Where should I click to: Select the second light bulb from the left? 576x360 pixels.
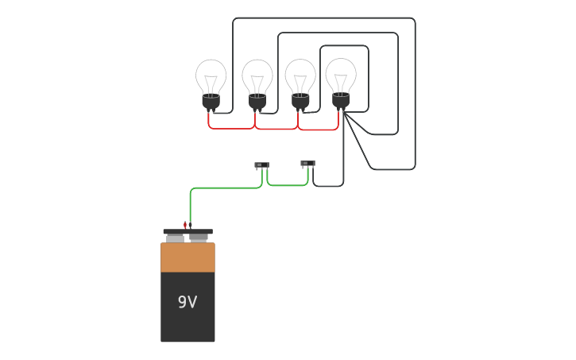tap(257, 79)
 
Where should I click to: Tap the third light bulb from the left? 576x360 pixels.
tap(300, 79)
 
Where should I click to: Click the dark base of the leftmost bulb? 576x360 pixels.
tap(211, 101)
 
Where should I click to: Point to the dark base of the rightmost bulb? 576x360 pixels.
tap(341, 100)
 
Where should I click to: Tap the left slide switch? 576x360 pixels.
tap(261, 165)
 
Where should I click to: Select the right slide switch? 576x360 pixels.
tap(307, 164)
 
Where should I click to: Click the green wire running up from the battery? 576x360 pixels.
tap(191, 203)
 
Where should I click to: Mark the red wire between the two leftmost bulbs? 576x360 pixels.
tap(231, 128)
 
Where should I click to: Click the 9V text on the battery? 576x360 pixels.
tap(187, 302)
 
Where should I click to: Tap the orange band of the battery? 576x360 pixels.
tap(187, 257)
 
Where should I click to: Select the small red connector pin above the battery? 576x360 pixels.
tap(185, 225)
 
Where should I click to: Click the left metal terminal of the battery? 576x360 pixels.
tap(175, 238)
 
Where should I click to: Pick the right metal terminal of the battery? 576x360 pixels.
tap(199, 237)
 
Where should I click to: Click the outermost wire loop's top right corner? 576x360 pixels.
tap(413, 20)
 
